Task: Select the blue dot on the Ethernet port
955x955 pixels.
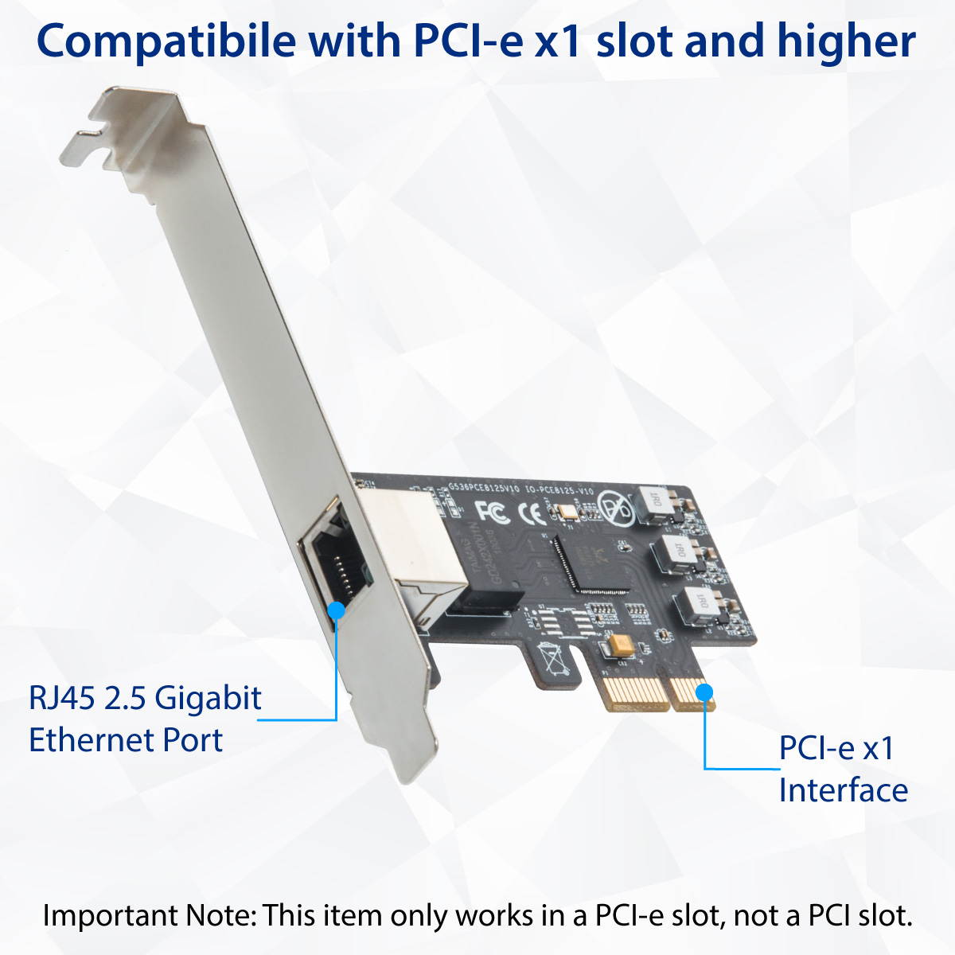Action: (337, 610)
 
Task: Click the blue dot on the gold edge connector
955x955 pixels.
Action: (705, 692)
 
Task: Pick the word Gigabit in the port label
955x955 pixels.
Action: (208, 698)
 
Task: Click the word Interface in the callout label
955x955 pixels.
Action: (843, 790)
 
